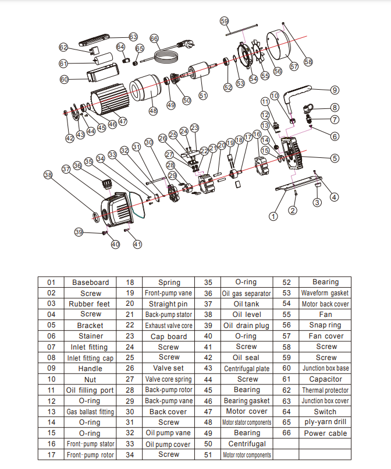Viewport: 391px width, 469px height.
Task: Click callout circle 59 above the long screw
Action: point(225,21)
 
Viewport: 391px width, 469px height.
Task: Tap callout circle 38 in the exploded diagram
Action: point(48,174)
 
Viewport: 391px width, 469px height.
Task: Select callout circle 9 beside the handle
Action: point(335,90)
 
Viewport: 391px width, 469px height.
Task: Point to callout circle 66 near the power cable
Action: point(154,38)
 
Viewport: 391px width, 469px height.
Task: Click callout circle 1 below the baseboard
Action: point(272,216)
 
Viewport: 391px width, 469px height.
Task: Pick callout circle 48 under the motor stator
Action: point(153,110)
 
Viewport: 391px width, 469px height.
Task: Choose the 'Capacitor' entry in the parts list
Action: point(326,379)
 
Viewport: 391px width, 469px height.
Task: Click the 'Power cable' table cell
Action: point(326,433)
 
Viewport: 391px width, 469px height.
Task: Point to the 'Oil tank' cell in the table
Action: point(247,304)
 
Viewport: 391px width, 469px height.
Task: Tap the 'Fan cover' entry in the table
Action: point(326,336)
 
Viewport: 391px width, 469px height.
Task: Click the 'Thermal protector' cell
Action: point(326,390)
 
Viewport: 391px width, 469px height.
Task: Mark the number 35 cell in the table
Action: point(208,283)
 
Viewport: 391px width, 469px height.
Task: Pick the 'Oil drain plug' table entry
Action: point(247,325)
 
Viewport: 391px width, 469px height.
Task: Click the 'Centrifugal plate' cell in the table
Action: point(247,369)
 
